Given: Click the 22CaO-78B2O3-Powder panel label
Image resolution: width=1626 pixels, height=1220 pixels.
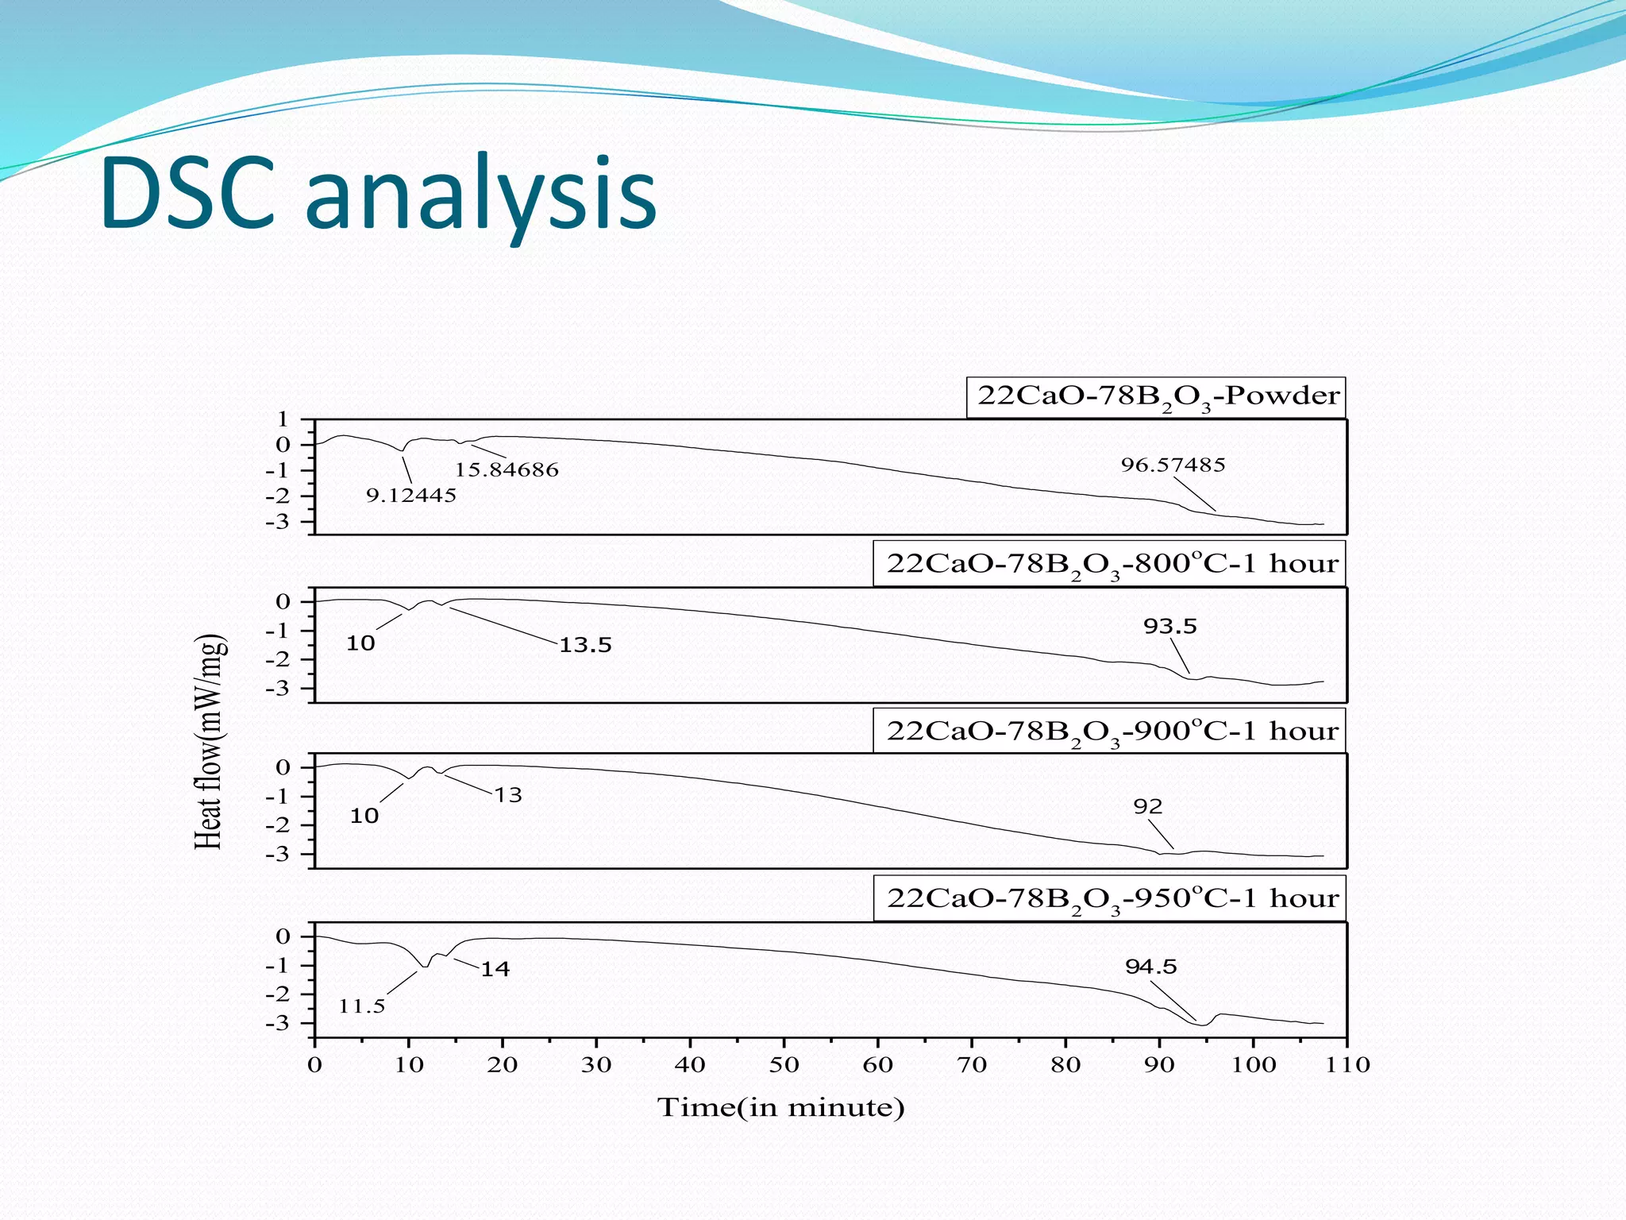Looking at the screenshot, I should (1157, 397).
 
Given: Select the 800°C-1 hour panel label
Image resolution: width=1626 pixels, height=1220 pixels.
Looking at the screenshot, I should (1111, 564).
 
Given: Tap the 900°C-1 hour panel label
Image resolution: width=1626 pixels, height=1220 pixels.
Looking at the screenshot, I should (1111, 732).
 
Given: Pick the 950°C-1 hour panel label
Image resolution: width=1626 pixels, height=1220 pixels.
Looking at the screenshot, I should (1111, 899).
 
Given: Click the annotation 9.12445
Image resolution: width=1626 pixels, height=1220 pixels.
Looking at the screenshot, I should (410, 496).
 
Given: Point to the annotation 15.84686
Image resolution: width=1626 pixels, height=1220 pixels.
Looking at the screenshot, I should (507, 470).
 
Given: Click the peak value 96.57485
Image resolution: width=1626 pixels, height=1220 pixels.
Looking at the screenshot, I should (1173, 465).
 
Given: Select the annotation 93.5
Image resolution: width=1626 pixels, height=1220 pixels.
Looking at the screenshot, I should (1169, 627).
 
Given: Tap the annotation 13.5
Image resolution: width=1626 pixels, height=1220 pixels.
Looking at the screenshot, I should (585, 645).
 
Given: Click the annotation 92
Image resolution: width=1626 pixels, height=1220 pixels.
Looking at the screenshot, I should (1147, 807).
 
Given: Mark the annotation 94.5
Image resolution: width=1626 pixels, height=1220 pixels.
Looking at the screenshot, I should (1151, 967).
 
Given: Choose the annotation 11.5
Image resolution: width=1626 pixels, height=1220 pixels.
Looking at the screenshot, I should (362, 1007).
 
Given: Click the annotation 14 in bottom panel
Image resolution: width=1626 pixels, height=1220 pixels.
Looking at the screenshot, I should (495, 969).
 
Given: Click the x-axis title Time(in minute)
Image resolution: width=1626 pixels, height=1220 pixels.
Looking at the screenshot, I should (780, 1108).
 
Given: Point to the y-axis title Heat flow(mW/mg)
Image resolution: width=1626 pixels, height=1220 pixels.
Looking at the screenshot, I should (210, 742).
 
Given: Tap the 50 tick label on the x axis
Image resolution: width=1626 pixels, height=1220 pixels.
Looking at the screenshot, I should (784, 1065).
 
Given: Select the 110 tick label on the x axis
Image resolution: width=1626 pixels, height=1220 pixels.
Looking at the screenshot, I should (1347, 1065).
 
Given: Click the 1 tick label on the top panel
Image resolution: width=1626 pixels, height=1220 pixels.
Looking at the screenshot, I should (283, 419).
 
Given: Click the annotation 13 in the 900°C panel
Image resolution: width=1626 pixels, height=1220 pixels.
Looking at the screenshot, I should (508, 795).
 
